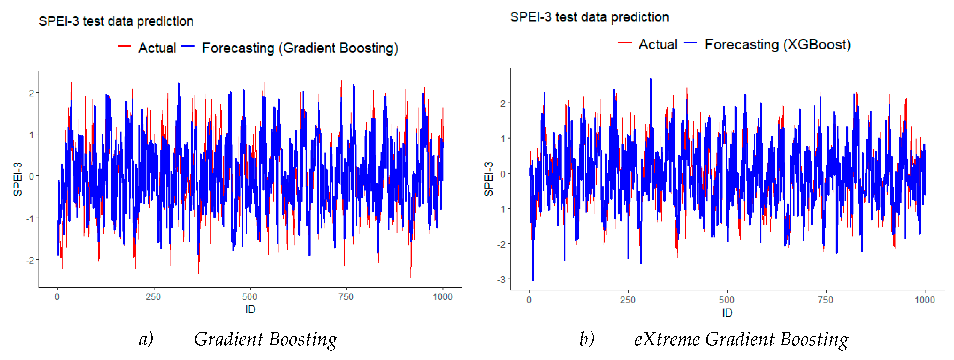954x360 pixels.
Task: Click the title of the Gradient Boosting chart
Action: [116, 21]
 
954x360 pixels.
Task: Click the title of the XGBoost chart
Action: [589, 17]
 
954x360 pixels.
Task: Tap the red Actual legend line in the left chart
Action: [124, 46]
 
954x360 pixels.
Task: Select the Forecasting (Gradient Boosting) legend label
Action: [300, 48]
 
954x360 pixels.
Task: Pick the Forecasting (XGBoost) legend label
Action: [777, 45]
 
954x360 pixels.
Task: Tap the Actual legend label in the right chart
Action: [658, 44]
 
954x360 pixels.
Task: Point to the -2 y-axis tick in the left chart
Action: [30, 260]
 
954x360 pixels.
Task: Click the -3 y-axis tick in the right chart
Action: [501, 279]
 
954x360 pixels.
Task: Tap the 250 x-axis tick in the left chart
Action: [153, 297]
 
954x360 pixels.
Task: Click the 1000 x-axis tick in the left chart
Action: [442, 297]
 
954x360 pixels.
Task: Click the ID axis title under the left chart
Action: [250, 309]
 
